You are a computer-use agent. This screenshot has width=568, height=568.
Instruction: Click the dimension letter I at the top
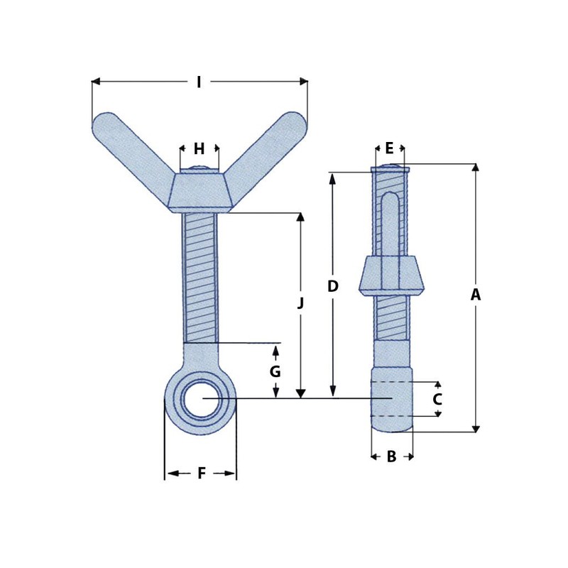point(199,82)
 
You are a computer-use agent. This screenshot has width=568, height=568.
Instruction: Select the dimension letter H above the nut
point(199,149)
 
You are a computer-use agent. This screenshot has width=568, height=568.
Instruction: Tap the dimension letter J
point(300,303)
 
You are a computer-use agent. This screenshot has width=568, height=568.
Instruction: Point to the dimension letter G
point(275,371)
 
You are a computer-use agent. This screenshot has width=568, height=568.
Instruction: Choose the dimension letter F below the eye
point(201,473)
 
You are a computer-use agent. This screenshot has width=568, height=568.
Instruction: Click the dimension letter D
point(332,286)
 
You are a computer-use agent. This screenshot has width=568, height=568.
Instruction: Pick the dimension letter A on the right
point(476,295)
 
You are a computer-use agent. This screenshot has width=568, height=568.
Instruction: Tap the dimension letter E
point(389,148)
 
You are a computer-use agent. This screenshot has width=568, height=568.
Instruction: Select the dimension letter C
point(437,399)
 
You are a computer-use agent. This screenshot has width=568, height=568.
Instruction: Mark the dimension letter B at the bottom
point(391,457)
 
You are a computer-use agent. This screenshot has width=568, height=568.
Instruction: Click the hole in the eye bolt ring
point(201,400)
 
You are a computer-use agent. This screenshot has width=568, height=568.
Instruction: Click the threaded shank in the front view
point(200,277)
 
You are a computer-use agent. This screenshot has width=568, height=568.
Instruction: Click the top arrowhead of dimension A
point(476,168)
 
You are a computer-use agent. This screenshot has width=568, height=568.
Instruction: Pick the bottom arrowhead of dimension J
point(300,393)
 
